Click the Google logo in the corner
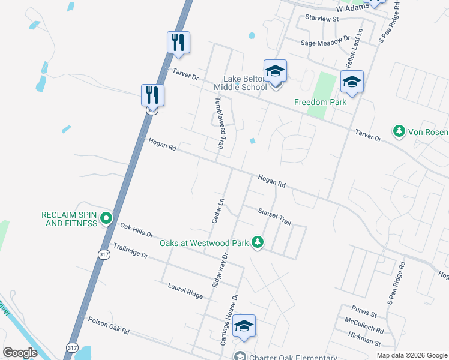[x=20, y=353]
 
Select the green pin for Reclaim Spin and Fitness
[x=106, y=218]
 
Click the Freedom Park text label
[x=320, y=102]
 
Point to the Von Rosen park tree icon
[x=398, y=130]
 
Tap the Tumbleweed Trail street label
[x=220, y=123]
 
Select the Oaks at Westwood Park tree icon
[x=258, y=242]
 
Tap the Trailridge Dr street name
[x=130, y=251]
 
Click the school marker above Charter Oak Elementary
[x=244, y=326]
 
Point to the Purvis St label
[x=364, y=314]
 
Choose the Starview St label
[x=322, y=19]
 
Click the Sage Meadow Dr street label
[x=325, y=40]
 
